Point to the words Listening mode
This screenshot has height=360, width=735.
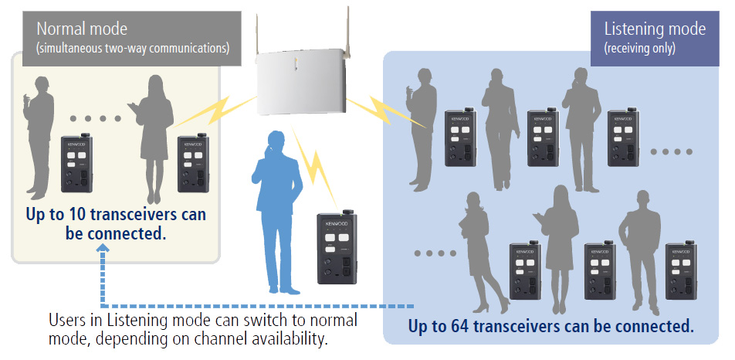click(655, 29)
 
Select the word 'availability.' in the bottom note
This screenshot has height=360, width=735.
click(297, 339)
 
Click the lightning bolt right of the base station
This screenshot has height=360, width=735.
click(392, 110)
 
